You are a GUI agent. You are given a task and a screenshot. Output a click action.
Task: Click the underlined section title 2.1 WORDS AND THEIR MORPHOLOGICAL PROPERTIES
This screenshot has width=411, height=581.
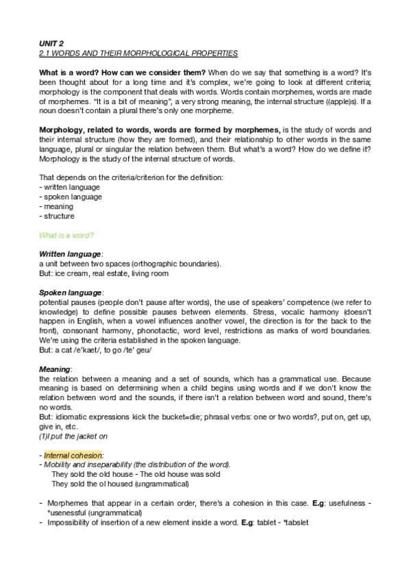click(x=138, y=52)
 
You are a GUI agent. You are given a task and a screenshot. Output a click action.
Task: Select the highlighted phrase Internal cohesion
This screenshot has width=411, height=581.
click(x=73, y=455)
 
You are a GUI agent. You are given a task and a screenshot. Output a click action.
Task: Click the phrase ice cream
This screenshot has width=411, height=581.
click(x=71, y=274)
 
